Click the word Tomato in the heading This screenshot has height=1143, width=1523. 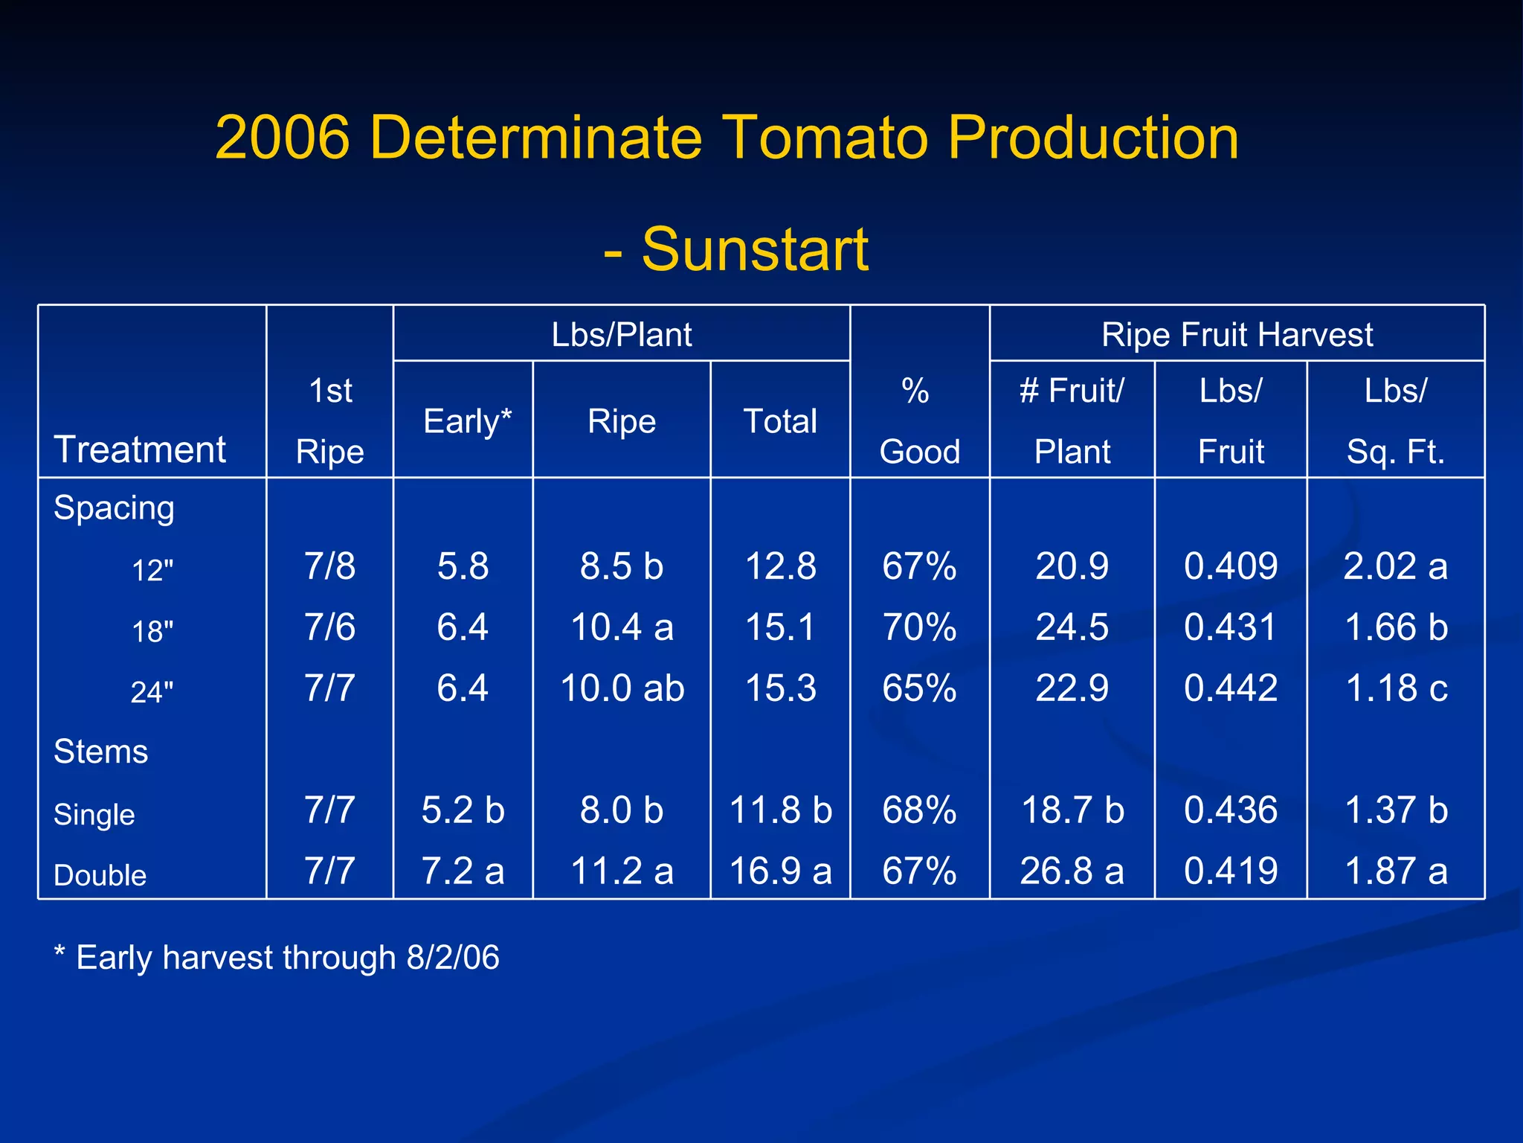pos(824,138)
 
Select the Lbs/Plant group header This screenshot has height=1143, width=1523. pos(621,335)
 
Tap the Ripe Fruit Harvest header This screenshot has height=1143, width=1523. pos(1237,335)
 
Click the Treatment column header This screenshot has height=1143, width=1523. pos(140,450)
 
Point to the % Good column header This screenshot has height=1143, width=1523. pos(919,421)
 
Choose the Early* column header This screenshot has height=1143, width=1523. pos(467,422)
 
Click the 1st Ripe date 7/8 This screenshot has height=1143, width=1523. pos(329,567)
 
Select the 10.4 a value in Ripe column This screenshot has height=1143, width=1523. pos(622,627)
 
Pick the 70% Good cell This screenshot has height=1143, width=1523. pos(919,627)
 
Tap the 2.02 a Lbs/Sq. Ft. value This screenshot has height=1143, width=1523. pos(1395,567)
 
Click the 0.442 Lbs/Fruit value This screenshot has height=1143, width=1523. pos(1231,688)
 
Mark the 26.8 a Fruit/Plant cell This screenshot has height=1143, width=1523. pos(1072,871)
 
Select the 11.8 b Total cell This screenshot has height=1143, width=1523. pos(780,810)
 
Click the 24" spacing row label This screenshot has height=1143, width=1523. pos(152,693)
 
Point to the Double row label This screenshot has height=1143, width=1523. pos(100,876)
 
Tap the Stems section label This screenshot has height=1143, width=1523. pos(101,752)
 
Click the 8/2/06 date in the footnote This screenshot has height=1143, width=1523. pos(453,958)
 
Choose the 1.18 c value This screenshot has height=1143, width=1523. pos(1396,688)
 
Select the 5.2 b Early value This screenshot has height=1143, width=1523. pos(463,810)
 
